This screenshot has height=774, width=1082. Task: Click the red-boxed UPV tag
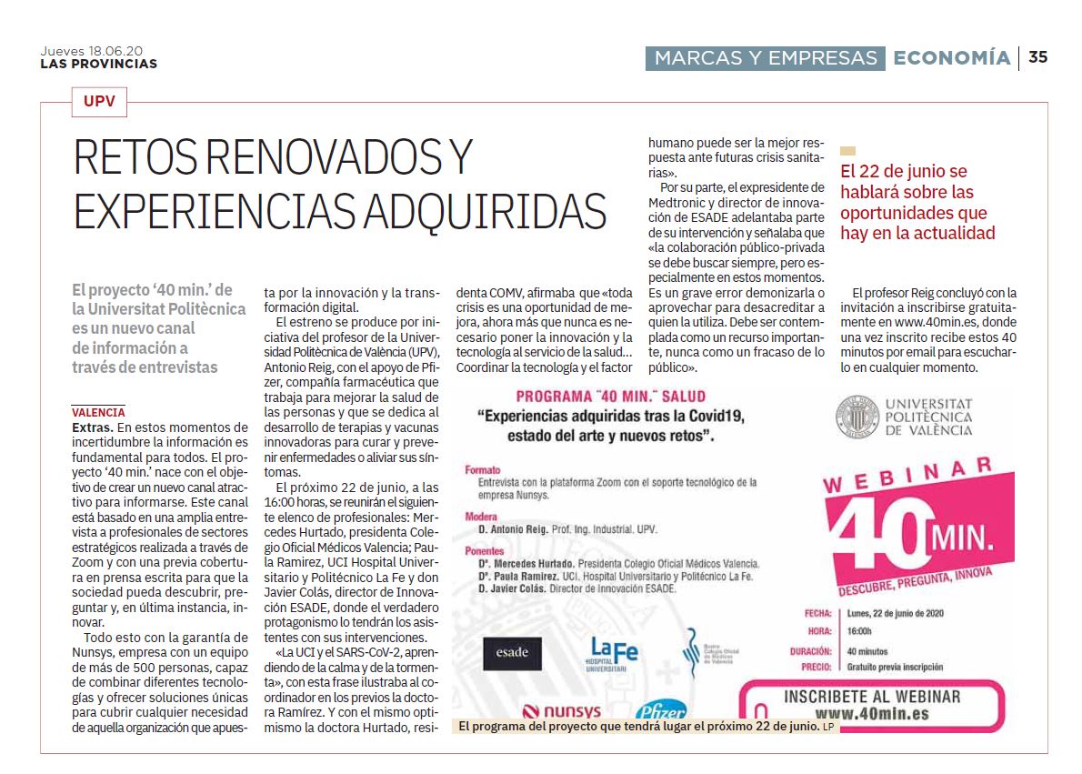click(x=99, y=102)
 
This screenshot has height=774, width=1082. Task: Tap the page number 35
click(x=1037, y=57)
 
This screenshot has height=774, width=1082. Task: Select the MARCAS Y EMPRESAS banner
click(x=765, y=58)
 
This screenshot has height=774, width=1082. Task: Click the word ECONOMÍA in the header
click(x=951, y=58)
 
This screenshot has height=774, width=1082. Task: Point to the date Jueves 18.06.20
click(x=91, y=51)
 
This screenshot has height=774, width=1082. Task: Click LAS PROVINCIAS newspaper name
click(x=98, y=64)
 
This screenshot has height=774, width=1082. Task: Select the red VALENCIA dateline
click(x=98, y=413)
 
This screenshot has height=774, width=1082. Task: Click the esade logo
click(x=512, y=653)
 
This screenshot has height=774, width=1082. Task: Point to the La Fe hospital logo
click(x=613, y=652)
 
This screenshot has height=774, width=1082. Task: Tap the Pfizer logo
click(x=662, y=710)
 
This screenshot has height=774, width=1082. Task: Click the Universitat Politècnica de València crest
click(x=854, y=416)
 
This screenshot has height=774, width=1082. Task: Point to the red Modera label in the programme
click(x=481, y=517)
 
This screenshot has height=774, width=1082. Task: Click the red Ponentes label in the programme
click(x=484, y=551)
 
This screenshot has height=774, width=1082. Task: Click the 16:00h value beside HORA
click(x=859, y=631)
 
